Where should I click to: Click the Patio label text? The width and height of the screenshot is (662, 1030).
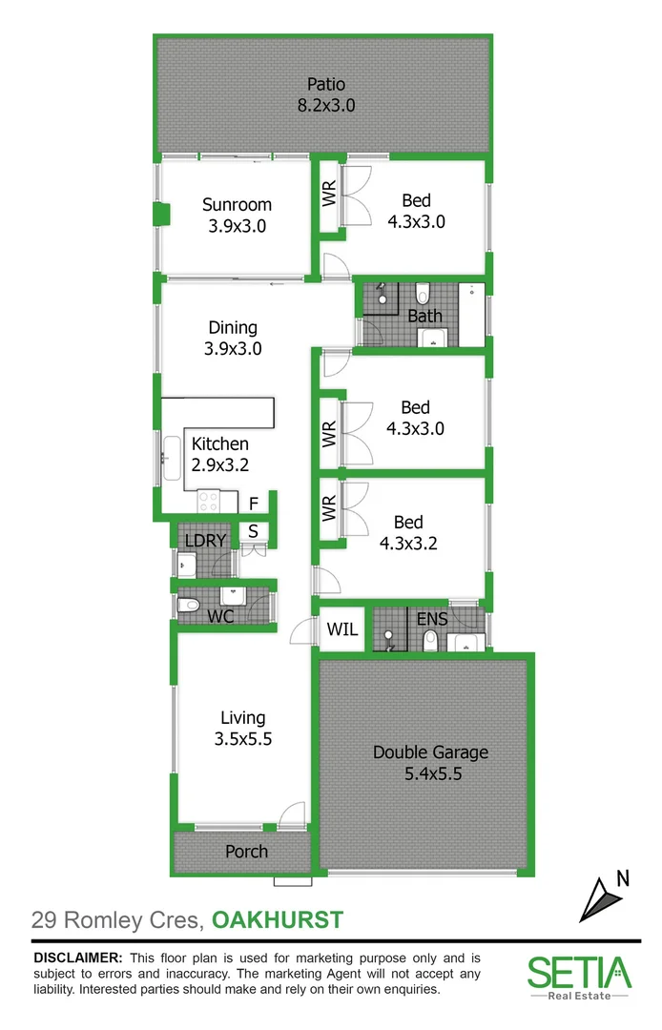[325, 85]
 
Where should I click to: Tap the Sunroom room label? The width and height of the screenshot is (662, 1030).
[237, 204]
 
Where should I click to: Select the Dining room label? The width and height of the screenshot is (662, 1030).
[232, 328]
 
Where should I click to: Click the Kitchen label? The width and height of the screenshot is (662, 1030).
[220, 443]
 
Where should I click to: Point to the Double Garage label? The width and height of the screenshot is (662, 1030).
[430, 752]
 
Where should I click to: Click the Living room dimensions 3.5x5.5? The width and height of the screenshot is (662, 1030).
[243, 738]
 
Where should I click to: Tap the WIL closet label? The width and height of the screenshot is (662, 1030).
[341, 630]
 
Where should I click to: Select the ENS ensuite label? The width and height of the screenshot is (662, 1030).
[432, 619]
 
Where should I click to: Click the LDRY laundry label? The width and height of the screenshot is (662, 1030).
[205, 541]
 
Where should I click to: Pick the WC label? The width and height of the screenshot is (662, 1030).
[221, 616]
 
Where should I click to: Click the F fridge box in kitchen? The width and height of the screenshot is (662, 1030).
[254, 504]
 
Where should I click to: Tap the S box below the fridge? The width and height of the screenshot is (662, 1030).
[254, 531]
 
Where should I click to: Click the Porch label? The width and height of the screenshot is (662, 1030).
[246, 852]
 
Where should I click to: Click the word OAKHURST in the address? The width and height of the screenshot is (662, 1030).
[277, 920]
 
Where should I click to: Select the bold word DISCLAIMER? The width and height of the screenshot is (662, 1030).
[77, 958]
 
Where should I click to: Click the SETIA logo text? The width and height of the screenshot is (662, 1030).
[579, 973]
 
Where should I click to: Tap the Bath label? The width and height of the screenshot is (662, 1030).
[424, 316]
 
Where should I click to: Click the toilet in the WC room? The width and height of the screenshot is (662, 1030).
[189, 604]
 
